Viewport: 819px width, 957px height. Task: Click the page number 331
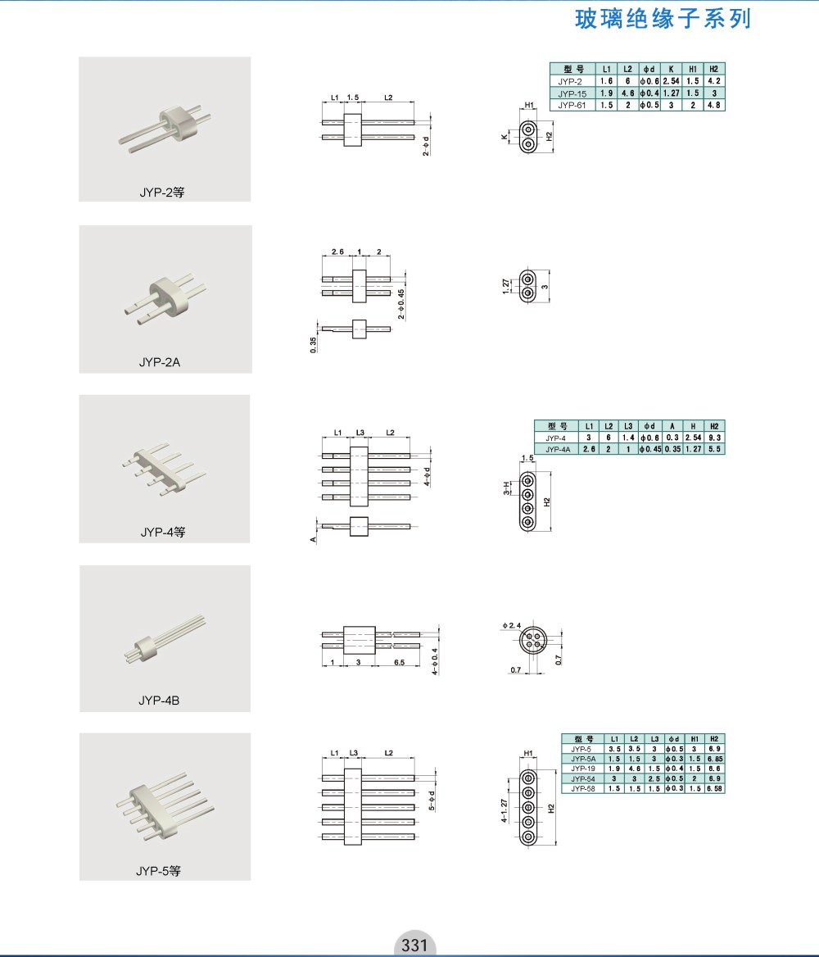(x=414, y=945)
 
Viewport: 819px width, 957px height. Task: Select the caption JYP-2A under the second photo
(x=160, y=362)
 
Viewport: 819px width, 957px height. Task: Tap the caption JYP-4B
(x=159, y=700)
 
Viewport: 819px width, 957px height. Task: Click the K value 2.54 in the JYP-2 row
(x=672, y=81)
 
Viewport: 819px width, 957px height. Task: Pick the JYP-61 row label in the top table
(x=572, y=105)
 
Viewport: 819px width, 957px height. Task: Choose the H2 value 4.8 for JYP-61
(x=714, y=105)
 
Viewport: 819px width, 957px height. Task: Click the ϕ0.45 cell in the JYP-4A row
(x=650, y=449)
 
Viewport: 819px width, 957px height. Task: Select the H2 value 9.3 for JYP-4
(x=715, y=438)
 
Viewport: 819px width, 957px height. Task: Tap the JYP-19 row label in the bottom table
(x=583, y=769)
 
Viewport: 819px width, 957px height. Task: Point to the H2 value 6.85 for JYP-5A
(x=715, y=759)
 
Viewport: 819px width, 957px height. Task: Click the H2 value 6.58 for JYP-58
(x=715, y=788)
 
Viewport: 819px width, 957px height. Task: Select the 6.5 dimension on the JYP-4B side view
(x=399, y=662)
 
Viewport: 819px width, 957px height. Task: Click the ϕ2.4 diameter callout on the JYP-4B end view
(x=511, y=626)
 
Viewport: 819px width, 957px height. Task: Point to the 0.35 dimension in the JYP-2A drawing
(x=313, y=345)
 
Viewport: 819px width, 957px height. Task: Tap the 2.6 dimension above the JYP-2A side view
(x=337, y=252)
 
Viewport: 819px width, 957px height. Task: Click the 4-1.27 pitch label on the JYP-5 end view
(x=504, y=810)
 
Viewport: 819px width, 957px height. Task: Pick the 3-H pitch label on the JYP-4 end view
(x=506, y=488)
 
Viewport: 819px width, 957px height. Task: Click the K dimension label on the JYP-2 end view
(x=504, y=138)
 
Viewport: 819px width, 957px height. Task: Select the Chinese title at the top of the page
(x=663, y=19)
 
